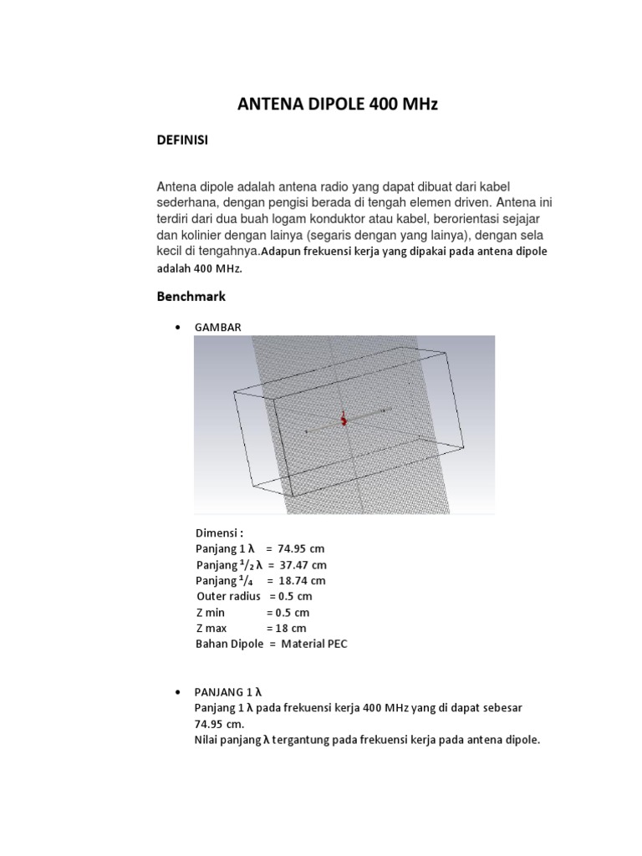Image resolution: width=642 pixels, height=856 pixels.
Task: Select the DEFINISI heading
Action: point(182,141)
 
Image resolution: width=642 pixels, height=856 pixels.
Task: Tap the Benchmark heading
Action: point(191,296)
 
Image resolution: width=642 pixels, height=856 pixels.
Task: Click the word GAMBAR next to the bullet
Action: point(218,327)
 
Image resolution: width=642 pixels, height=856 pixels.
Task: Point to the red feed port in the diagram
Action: point(343,420)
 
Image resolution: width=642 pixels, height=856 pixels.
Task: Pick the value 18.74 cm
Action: point(302,580)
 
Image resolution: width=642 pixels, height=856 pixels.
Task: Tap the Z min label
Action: point(211,612)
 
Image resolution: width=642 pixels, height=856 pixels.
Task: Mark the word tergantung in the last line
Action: point(315,740)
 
